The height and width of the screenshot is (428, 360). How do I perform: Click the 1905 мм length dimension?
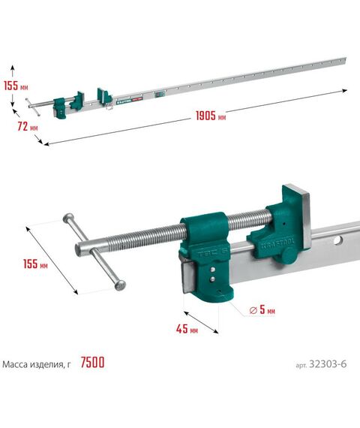[x=211, y=116]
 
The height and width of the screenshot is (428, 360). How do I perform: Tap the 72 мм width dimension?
[x=28, y=127]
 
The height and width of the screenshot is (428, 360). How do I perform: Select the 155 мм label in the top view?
[x=16, y=86]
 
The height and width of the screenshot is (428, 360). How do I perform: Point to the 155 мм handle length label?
[x=35, y=264]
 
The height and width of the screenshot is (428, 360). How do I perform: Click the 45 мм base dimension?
[x=187, y=329]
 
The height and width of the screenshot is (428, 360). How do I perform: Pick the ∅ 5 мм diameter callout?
[x=262, y=309]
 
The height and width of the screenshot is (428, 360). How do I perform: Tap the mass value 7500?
[x=92, y=363]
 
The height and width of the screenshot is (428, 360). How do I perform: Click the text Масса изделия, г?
[x=37, y=364]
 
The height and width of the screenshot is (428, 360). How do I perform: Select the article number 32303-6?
[x=321, y=364]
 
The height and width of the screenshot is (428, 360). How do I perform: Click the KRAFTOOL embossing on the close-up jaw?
[x=278, y=243]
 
